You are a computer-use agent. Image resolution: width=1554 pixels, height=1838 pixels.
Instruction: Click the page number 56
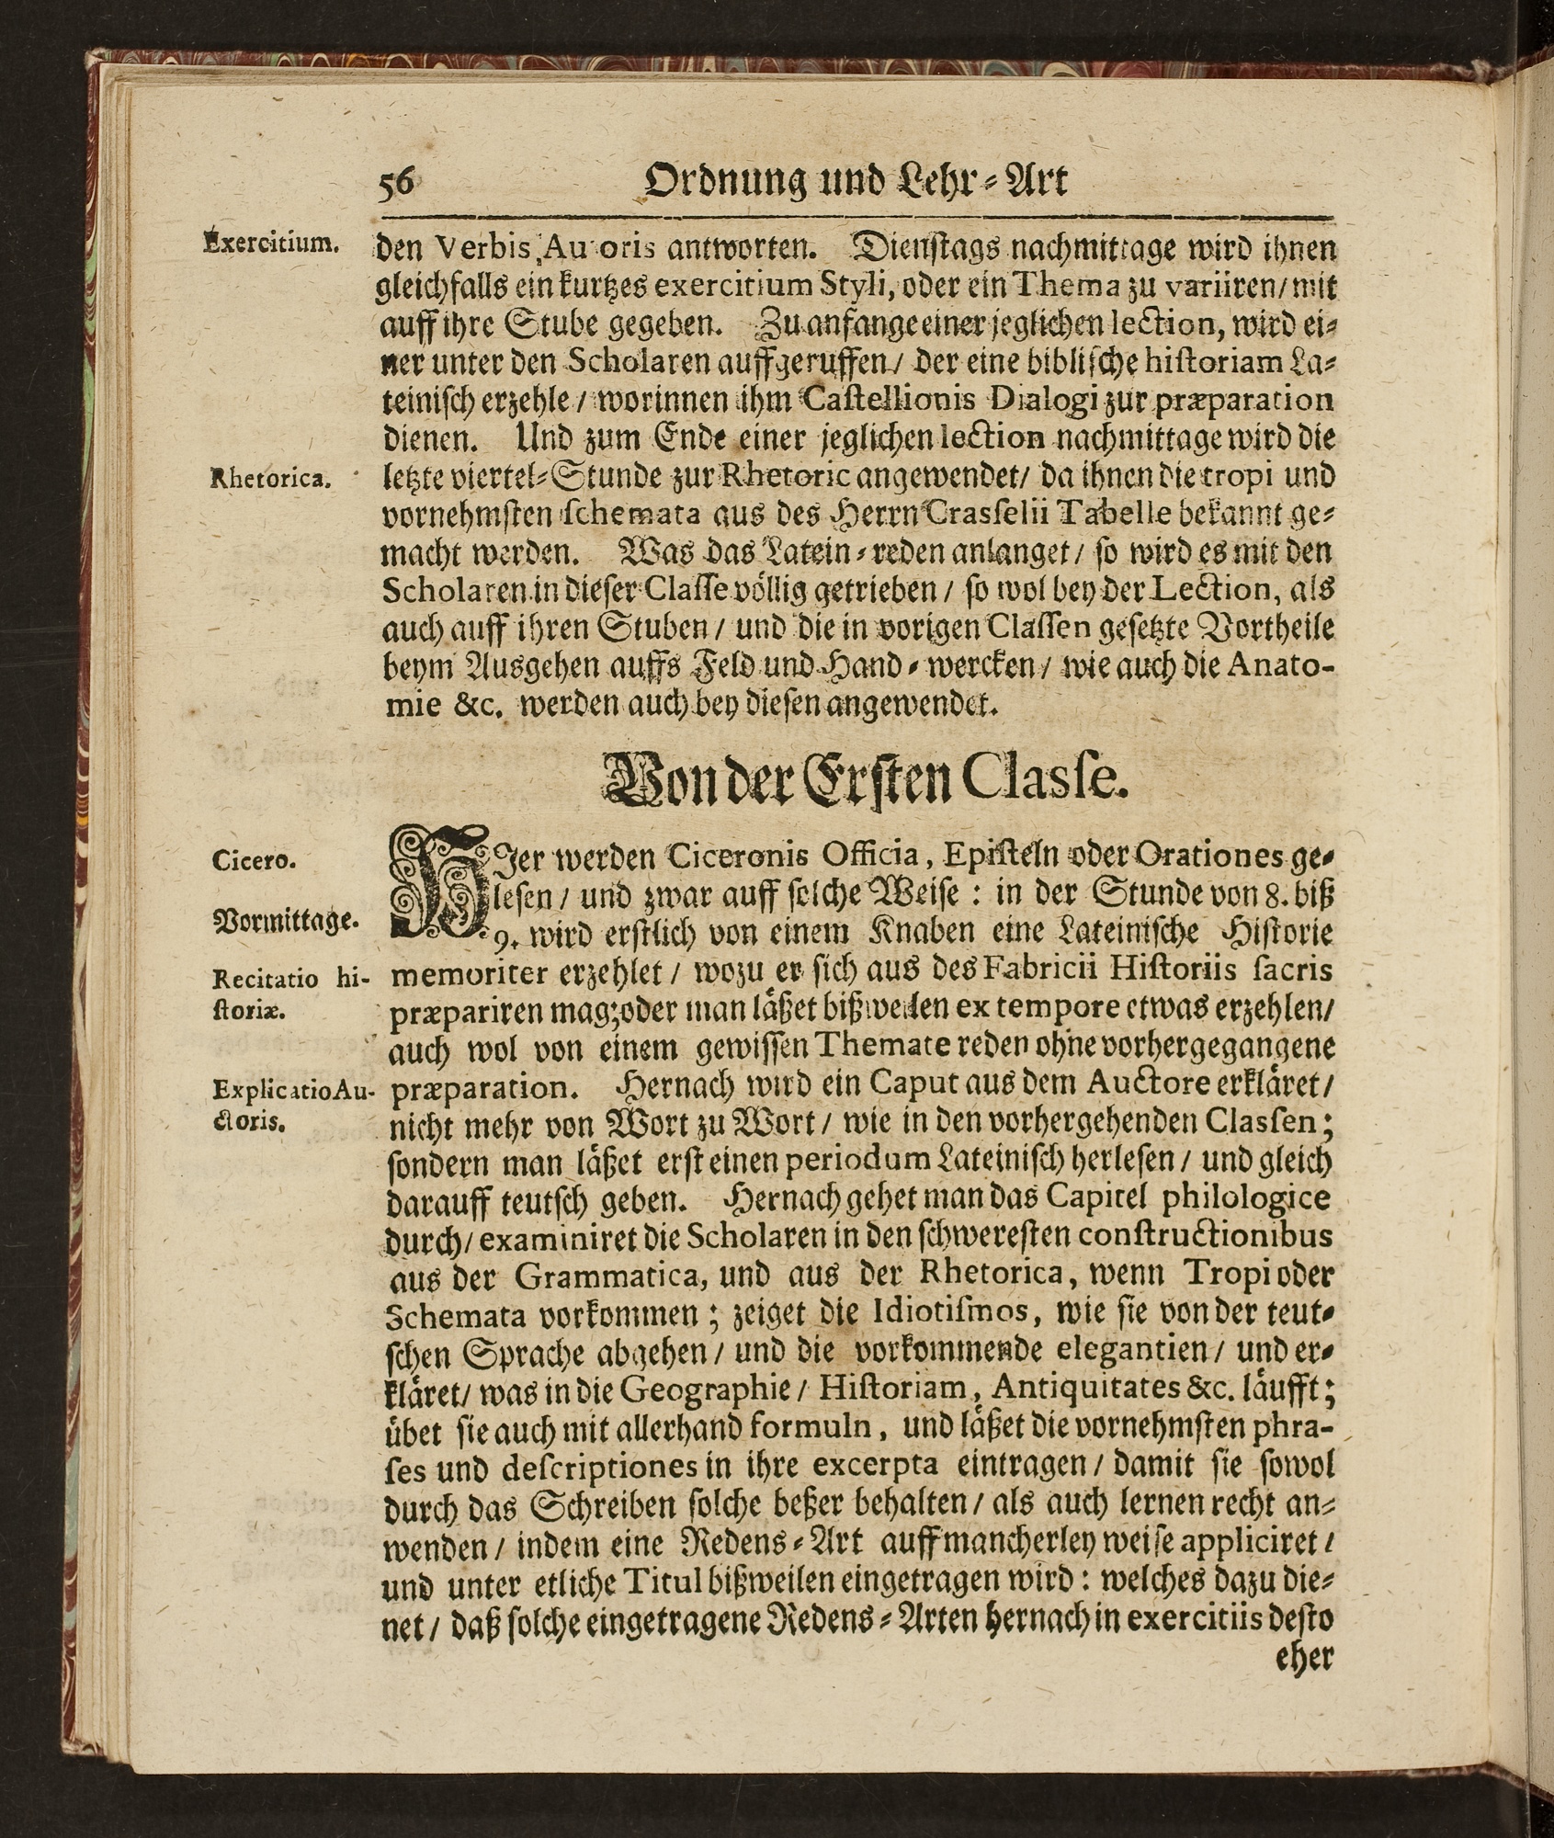pos(396,182)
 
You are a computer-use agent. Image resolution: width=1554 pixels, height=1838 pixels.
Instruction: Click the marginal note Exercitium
pos(271,244)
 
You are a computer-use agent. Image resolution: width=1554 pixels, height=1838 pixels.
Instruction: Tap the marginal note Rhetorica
pos(269,478)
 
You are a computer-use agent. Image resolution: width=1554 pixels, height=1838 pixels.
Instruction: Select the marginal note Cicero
pos(253,861)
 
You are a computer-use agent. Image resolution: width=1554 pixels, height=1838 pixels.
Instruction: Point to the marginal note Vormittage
pos(285,920)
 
